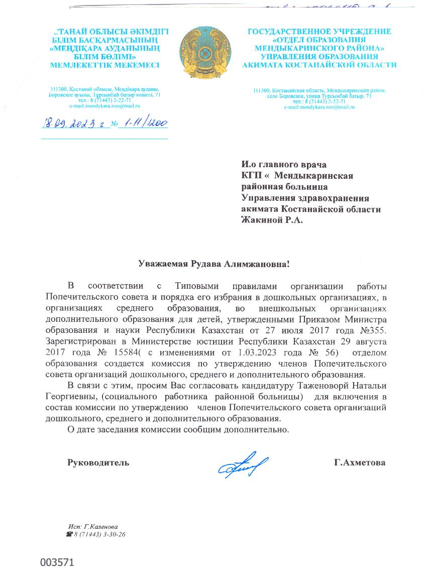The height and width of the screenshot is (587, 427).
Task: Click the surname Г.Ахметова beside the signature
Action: click(360, 462)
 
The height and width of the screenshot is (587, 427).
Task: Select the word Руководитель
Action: click(98, 462)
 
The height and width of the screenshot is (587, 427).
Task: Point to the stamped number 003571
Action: click(57, 562)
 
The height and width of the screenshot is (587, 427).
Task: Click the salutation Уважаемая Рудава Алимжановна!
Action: click(215, 263)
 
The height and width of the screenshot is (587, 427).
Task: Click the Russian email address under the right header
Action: click(319, 107)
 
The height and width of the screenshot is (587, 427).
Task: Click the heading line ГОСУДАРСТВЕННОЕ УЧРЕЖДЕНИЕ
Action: click(319, 31)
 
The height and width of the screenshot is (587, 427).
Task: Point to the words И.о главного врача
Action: click(284, 164)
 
